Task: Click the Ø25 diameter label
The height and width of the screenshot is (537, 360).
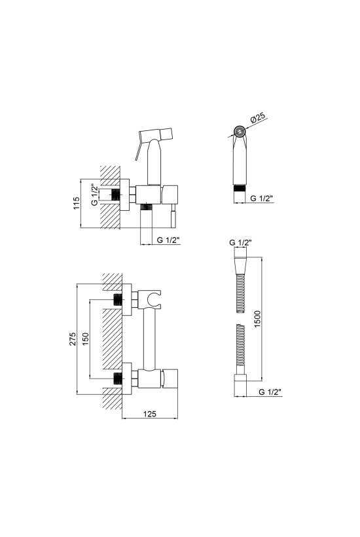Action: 258,118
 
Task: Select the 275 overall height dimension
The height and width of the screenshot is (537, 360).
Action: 73,339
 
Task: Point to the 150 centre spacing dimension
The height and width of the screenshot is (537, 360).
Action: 85,339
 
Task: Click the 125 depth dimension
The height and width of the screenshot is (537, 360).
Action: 149,414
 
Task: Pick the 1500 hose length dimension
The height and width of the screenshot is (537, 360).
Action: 257,319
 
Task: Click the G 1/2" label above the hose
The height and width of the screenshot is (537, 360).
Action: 241,242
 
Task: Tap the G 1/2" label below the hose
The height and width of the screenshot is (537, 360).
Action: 270,392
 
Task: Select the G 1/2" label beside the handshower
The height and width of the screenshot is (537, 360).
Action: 261,198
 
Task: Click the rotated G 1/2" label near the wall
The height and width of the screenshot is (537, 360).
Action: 95,194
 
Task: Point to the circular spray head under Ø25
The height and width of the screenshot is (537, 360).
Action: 240,132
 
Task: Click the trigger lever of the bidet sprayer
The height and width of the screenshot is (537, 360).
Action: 139,147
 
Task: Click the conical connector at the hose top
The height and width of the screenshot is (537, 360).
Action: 241,265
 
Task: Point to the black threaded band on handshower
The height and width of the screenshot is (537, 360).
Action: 240,188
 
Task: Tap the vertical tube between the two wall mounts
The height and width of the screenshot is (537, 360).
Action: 149,339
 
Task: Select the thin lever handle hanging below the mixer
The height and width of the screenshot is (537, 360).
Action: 173,215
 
